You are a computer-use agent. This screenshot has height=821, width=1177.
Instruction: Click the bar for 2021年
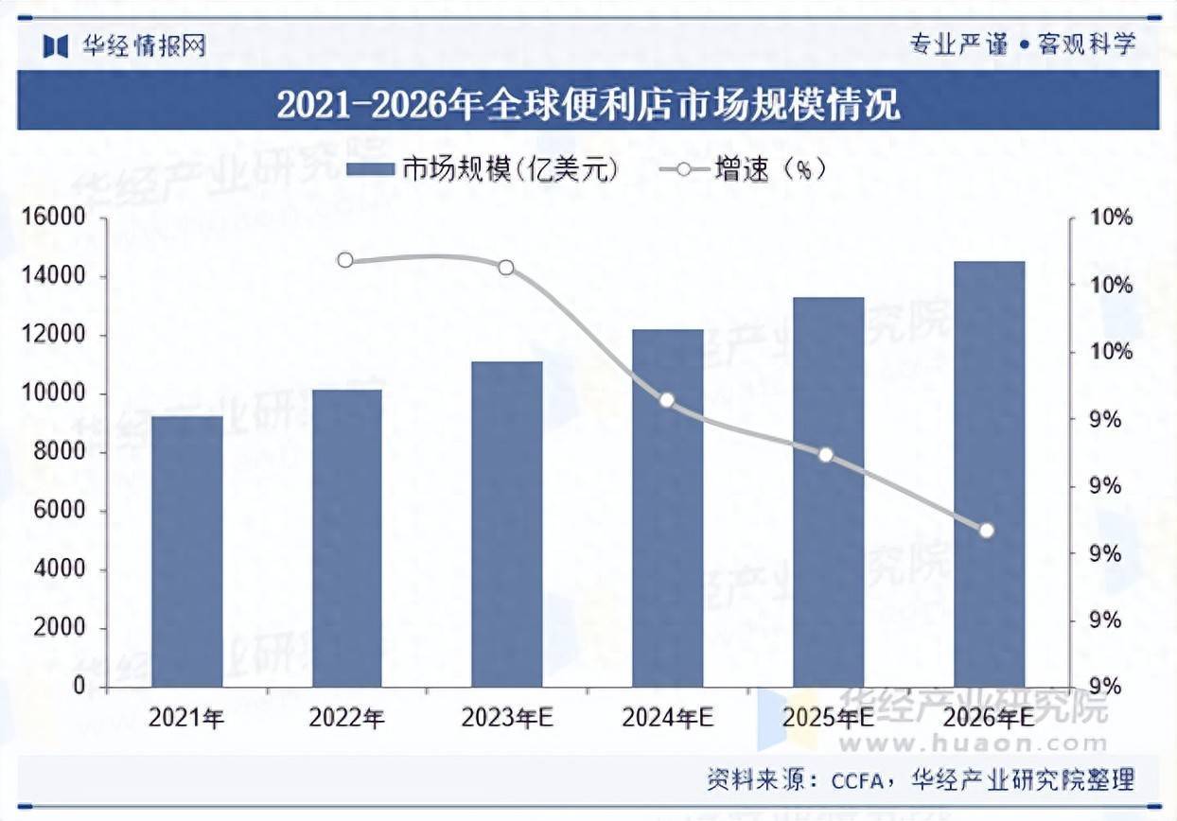[186, 551]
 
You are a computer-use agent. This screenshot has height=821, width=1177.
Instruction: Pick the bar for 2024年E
[668, 508]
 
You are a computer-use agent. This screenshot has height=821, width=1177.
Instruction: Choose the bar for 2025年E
[828, 492]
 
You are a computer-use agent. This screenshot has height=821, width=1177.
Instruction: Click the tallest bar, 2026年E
[989, 474]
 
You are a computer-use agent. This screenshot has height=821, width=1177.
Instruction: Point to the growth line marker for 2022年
[345, 260]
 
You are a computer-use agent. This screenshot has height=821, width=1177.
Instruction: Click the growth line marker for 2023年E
[506, 268]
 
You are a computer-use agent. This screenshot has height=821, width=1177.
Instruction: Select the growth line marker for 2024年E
[667, 400]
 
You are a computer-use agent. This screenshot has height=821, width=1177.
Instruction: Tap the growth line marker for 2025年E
[826, 455]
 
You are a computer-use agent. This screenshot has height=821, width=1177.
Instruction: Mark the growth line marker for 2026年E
[987, 531]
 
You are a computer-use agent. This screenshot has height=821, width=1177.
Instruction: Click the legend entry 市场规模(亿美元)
[483, 169]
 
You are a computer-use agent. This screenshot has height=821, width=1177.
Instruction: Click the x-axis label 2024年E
[667, 719]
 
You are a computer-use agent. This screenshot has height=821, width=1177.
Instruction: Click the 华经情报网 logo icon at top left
[57, 44]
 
